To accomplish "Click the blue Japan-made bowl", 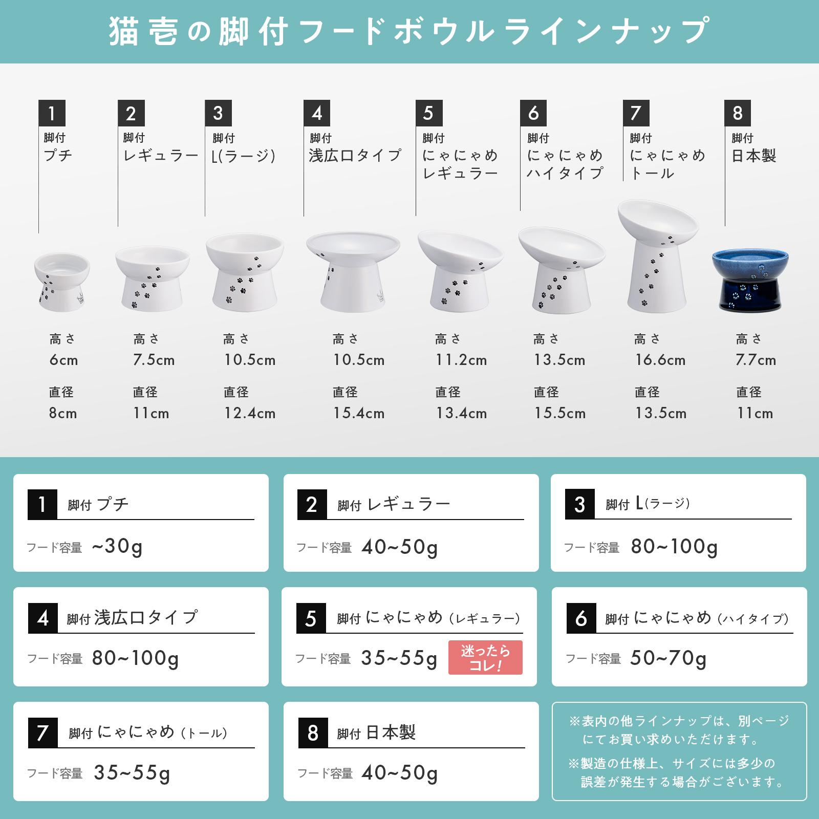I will pos(750,279).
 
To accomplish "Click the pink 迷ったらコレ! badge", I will pos(485,658).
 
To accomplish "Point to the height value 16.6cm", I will pos(660,360).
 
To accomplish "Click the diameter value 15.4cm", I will pos(359,414).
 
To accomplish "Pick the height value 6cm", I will pos(63,360).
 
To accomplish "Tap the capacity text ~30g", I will pos(117,547).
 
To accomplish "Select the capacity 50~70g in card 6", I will pos(668,658).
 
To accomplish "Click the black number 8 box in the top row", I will pos(738,113).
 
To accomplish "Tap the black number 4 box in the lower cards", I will pos(42,618).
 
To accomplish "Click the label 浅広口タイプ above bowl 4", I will pos(355,156).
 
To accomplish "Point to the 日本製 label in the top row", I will pos(753,156).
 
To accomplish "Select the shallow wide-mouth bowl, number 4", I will pos(353,271).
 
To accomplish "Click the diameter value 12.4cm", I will pos(250,414).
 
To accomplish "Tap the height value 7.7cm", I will pos(756,360).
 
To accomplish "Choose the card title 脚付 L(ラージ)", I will pos(648,504).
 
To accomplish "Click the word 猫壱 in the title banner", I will pos(143,32).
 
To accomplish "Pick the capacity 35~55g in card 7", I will pos(132,773).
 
